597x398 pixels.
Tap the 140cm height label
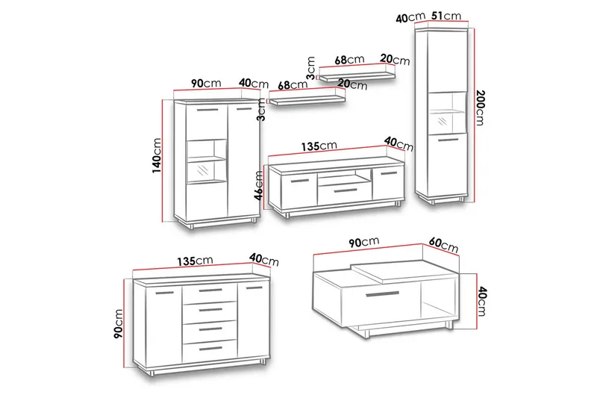(157, 156)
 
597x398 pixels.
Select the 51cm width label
(446, 16)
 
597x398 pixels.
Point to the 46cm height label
(258, 185)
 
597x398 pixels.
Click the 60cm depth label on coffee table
(443, 245)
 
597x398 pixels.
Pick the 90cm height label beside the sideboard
(119, 324)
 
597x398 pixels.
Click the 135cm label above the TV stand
(319, 146)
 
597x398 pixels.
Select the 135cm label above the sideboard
(195, 261)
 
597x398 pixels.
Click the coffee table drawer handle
(382, 294)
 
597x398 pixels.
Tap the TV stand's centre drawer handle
(346, 190)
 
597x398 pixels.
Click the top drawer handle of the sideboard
(210, 290)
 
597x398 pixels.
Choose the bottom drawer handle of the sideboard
(210, 348)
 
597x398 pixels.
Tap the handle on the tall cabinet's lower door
(448, 140)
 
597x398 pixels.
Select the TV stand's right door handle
(388, 174)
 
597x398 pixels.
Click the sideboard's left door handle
(164, 293)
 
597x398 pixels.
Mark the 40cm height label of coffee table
(481, 302)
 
